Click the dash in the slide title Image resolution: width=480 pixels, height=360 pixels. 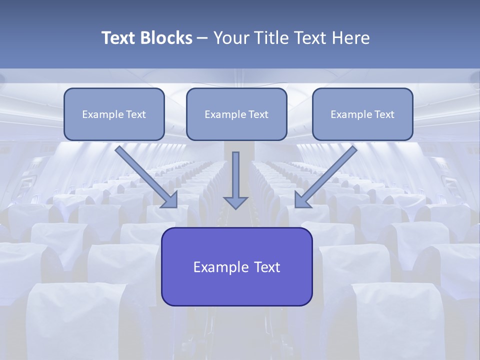[202, 38]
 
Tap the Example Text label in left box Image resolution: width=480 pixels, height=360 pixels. [114, 114]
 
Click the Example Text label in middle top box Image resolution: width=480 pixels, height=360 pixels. [236, 114]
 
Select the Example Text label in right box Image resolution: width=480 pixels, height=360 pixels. [362, 114]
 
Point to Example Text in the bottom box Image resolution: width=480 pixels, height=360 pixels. [236, 267]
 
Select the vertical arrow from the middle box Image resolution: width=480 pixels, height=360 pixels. [235, 175]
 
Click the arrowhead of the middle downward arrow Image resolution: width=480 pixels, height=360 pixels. [235, 202]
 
